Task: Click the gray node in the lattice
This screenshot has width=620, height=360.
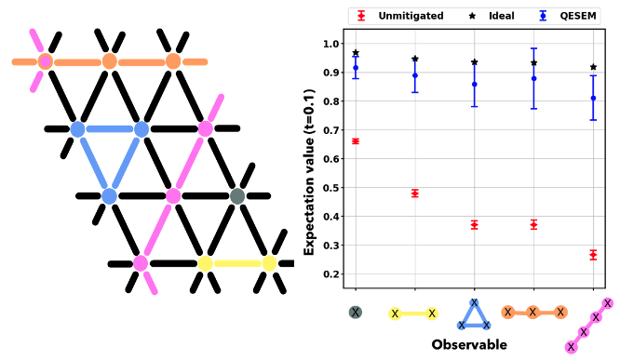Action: (x=236, y=196)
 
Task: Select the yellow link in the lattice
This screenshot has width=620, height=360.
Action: (x=237, y=263)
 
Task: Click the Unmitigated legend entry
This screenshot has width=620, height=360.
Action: (x=399, y=16)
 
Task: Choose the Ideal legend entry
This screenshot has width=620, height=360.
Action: (x=492, y=16)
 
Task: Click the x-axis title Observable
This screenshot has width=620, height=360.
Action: (x=469, y=344)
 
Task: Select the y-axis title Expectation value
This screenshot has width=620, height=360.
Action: (x=311, y=158)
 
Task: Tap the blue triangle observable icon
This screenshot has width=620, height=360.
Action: (x=474, y=315)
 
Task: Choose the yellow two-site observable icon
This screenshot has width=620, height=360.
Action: (x=414, y=313)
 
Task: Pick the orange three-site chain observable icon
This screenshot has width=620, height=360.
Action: (x=533, y=313)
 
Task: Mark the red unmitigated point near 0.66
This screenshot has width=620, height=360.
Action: (x=356, y=141)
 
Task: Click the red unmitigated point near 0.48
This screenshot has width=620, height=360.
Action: (x=415, y=193)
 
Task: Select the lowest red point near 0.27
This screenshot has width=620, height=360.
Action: (x=593, y=254)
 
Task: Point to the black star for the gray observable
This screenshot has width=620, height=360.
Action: (x=356, y=53)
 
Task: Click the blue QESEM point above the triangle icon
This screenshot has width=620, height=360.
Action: (x=475, y=84)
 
